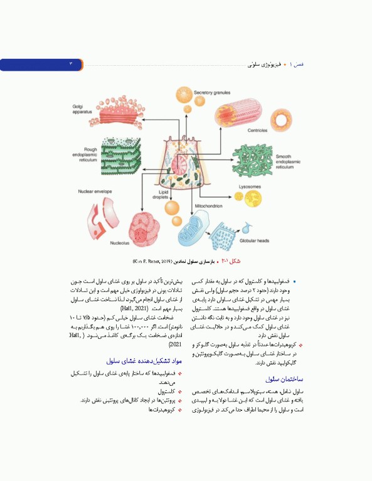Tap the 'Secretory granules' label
213,93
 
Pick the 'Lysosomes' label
250,186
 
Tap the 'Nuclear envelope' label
96,191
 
